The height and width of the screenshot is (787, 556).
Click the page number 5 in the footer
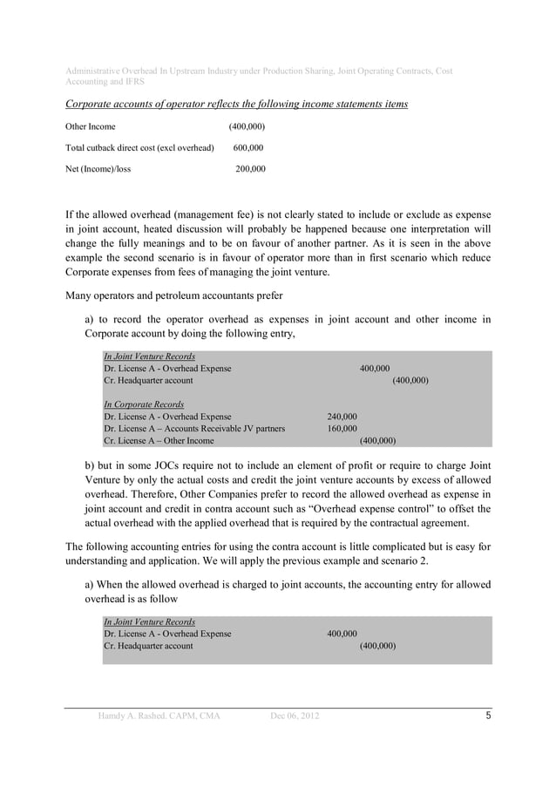[x=489, y=716]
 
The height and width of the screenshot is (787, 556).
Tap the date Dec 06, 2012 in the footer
[x=295, y=716]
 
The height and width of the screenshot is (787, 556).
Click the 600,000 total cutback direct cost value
[x=248, y=147]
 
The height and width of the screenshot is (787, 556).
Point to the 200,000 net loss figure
[x=250, y=168]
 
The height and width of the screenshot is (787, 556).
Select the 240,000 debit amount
[x=342, y=417]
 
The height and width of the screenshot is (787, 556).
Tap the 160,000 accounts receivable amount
[x=342, y=429]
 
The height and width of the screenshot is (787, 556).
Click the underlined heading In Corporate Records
[x=144, y=404]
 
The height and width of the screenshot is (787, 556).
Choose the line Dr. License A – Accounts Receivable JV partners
[x=193, y=429]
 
